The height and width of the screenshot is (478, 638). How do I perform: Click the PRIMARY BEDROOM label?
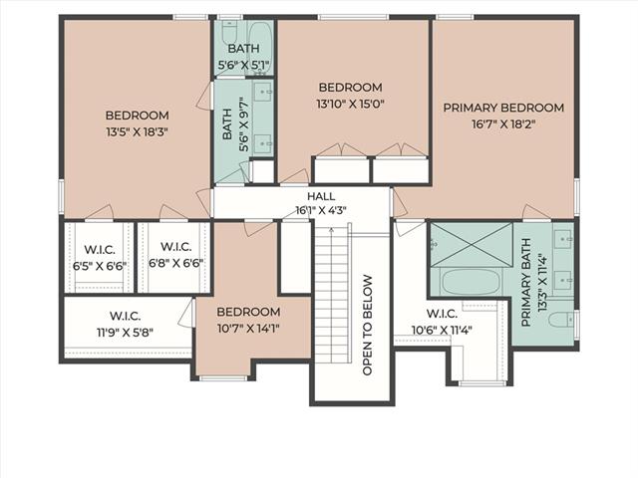click(x=503, y=109)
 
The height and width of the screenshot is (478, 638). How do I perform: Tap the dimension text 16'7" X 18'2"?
click(x=502, y=123)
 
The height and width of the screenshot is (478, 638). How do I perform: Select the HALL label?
click(x=321, y=196)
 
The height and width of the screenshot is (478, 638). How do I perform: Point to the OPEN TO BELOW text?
click(x=367, y=326)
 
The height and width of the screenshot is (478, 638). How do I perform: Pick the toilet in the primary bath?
click(x=562, y=319)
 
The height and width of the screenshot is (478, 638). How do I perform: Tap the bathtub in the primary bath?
click(x=471, y=281)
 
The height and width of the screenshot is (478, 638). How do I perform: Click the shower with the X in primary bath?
click(x=472, y=245)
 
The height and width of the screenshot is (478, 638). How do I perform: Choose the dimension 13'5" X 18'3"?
click(x=138, y=132)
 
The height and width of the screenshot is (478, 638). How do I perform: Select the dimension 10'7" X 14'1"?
click(x=248, y=329)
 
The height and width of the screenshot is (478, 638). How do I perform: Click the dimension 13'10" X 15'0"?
click(x=350, y=104)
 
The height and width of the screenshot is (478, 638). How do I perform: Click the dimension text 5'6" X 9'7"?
click(x=243, y=124)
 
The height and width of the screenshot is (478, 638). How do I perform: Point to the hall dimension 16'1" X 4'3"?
click(x=321, y=210)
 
